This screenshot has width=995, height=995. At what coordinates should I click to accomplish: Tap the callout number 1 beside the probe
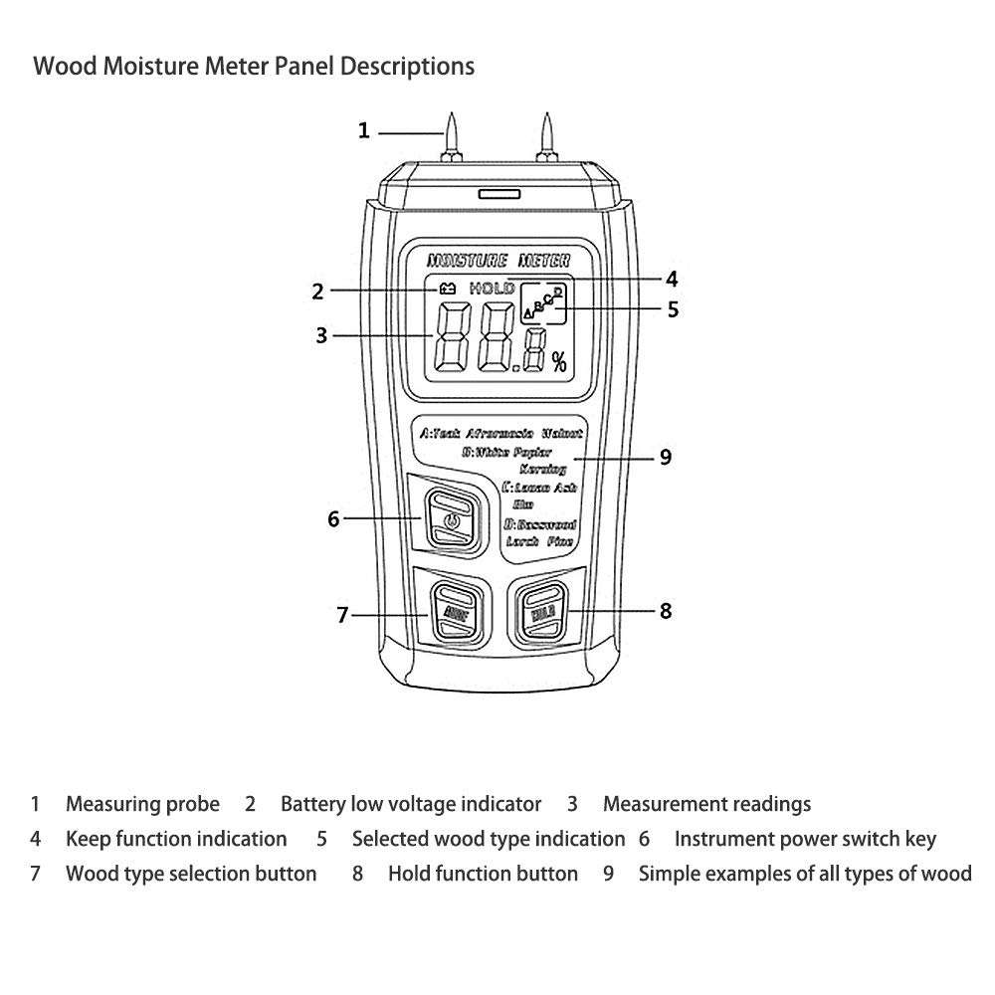tap(364, 130)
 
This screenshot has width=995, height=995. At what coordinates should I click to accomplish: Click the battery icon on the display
tap(447, 289)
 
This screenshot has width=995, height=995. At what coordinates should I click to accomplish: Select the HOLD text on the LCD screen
tap(492, 289)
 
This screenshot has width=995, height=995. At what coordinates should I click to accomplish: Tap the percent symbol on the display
tap(559, 362)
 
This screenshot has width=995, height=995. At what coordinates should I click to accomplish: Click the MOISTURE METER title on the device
tap(497, 261)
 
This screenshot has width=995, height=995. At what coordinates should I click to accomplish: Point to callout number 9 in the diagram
tap(666, 458)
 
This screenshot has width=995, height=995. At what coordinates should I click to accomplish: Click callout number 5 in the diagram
tap(674, 309)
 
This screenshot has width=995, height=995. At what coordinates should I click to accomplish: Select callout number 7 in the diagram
tap(342, 616)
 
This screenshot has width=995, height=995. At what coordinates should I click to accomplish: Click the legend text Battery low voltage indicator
tap(411, 804)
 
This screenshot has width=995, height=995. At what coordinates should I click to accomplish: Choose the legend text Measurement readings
tap(706, 804)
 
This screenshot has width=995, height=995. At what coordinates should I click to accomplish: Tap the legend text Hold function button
tap(483, 874)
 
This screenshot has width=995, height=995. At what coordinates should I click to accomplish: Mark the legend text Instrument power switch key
tap(805, 839)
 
